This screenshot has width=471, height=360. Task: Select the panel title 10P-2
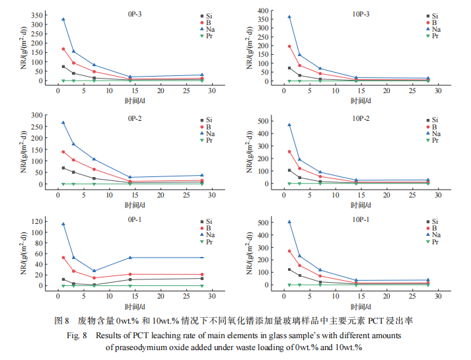click(x=361, y=118)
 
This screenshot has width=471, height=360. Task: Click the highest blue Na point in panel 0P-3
click(x=63, y=19)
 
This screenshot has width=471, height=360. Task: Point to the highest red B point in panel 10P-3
click(x=289, y=46)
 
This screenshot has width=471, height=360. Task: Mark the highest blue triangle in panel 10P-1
click(x=289, y=222)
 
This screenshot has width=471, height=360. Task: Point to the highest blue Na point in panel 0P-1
click(x=63, y=224)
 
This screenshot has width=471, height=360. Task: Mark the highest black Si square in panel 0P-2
click(x=63, y=168)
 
